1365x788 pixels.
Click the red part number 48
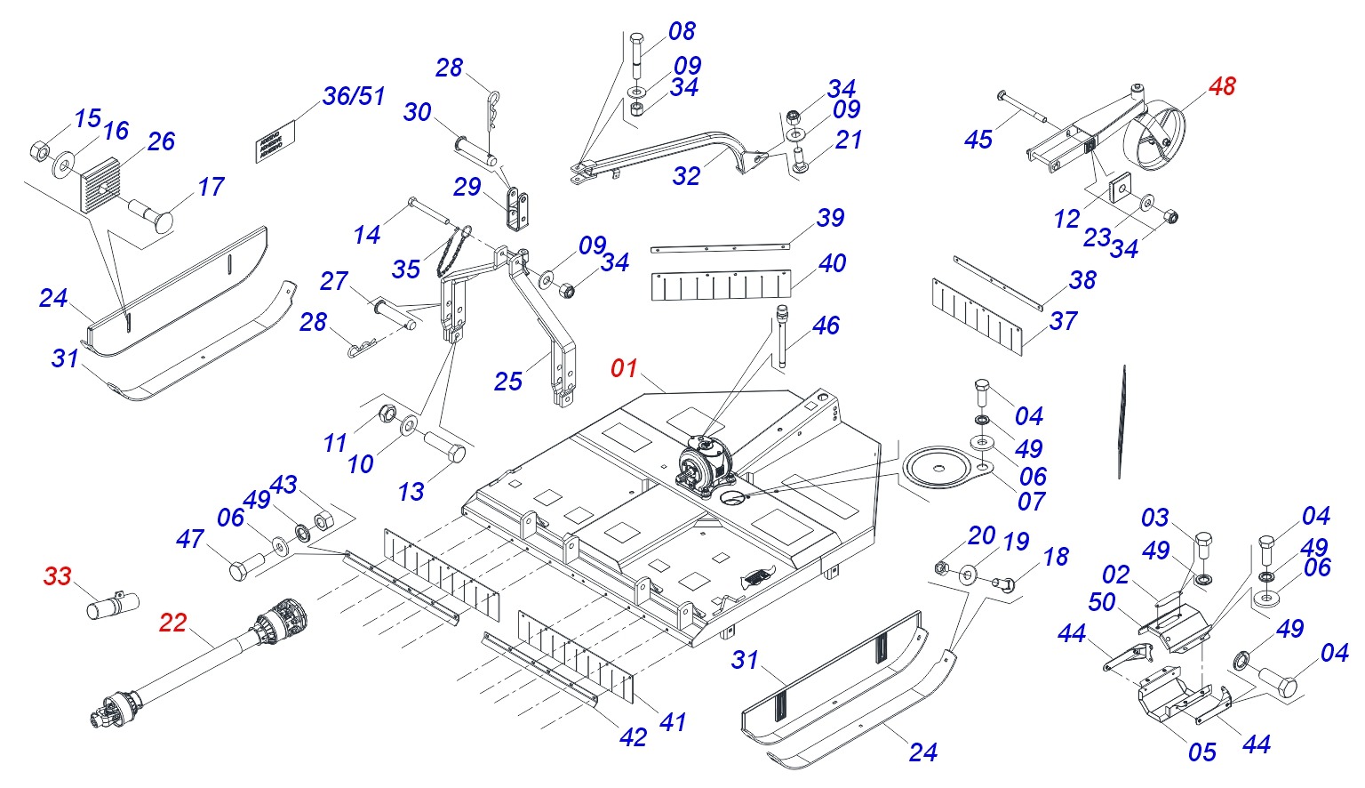[x=1222, y=86]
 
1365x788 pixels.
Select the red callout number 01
[x=624, y=368]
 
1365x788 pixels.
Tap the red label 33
[x=57, y=576]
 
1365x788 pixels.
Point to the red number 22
[x=172, y=623]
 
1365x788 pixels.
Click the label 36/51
[x=353, y=96]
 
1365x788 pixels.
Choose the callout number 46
[x=826, y=326]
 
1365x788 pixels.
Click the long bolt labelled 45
[x=1022, y=108]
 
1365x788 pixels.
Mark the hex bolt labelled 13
[x=443, y=446]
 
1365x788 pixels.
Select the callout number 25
[x=507, y=382]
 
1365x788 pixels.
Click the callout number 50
[x=1102, y=602]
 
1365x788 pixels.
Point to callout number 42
[x=633, y=737]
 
